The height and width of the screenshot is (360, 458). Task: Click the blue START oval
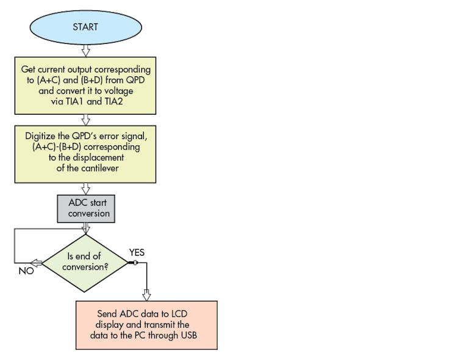pos(85,27)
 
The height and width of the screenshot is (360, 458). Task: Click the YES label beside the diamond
pos(137,252)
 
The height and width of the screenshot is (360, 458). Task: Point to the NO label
pos(26,271)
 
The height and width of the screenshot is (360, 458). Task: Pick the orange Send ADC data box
pos(146,325)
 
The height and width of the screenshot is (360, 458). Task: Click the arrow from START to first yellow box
pos(85,50)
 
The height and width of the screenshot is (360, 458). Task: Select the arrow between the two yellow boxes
pos(85,120)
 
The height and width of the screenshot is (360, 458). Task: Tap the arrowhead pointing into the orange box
pos(146,295)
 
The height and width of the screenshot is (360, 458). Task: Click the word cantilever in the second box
pos(101,168)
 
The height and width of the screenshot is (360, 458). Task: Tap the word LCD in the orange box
pos(180,314)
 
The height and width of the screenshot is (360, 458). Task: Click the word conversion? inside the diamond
pos(89,267)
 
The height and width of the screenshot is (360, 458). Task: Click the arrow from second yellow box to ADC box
pos(85,189)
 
